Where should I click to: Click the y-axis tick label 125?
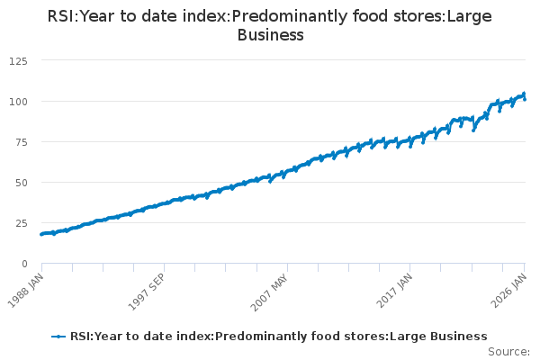point(18,60)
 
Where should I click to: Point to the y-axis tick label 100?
point(18,101)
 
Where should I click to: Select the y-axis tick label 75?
point(21,141)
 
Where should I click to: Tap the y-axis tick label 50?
point(21,182)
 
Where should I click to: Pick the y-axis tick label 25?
point(21,222)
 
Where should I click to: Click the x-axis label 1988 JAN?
point(29,290)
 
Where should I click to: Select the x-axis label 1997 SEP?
point(151,290)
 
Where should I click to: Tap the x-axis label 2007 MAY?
point(274,290)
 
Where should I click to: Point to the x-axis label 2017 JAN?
point(397,290)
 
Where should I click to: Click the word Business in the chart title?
point(270,35)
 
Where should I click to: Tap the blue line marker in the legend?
point(59,337)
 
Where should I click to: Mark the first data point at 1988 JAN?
point(41,234)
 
